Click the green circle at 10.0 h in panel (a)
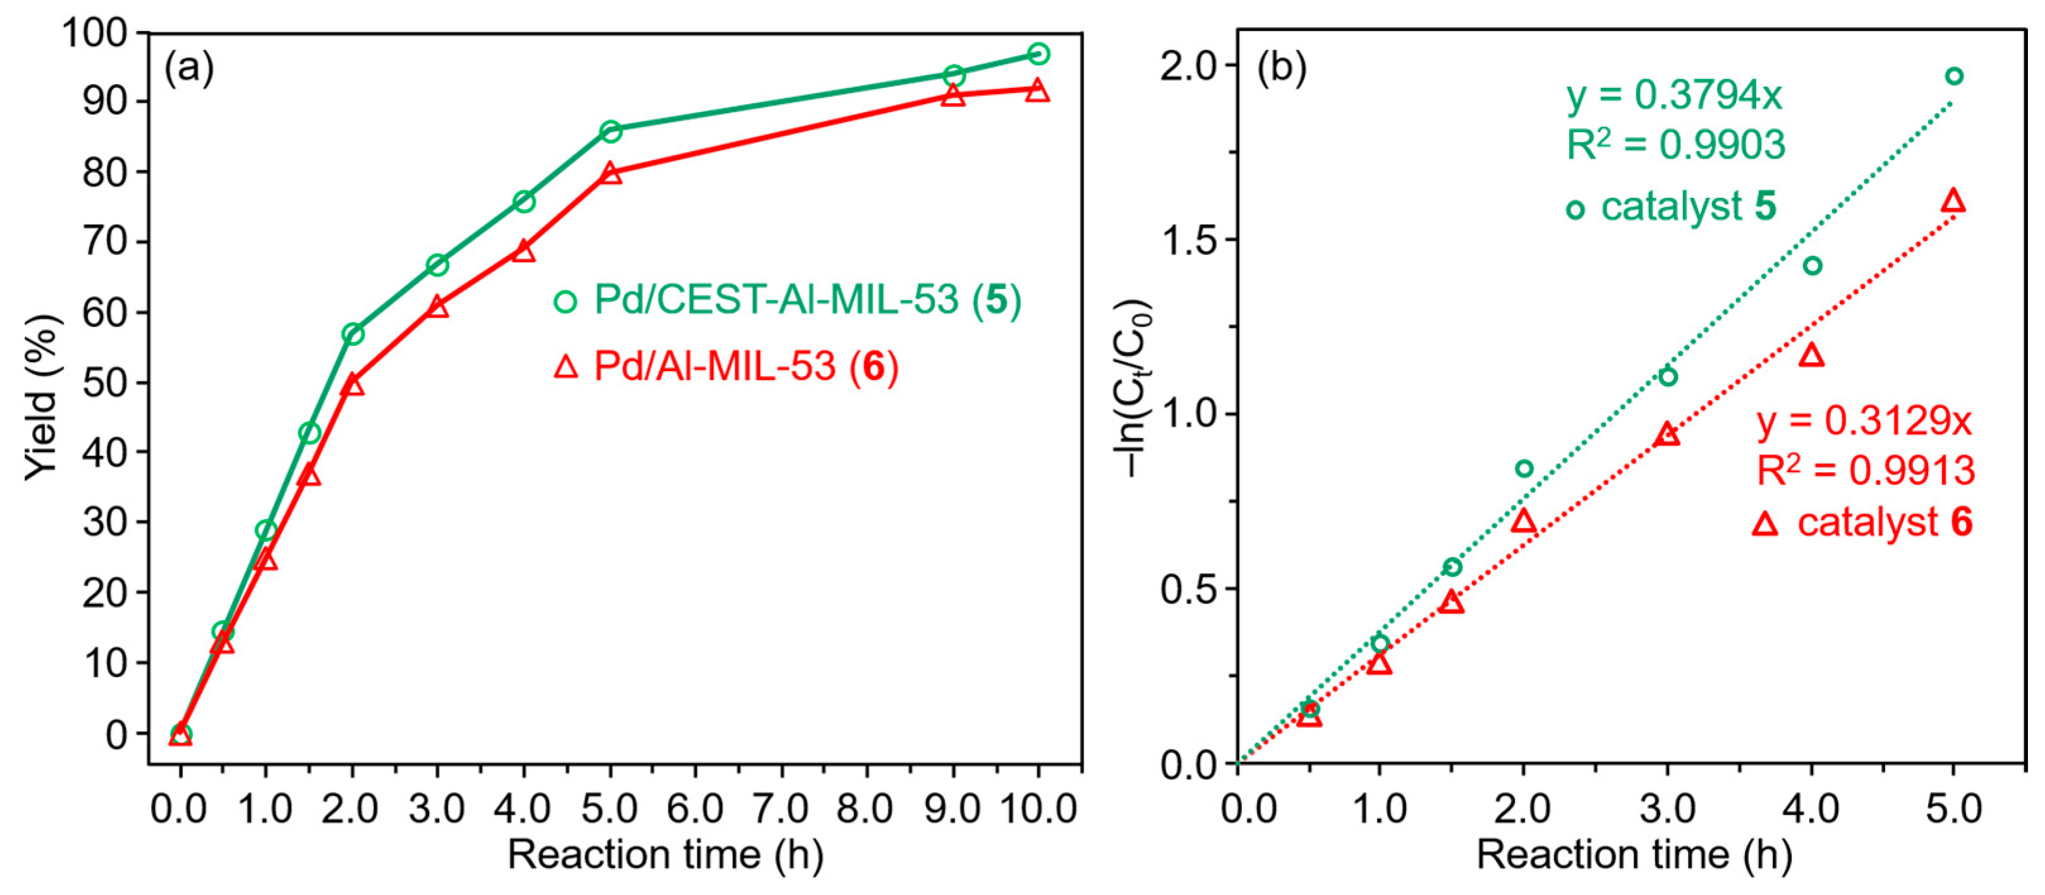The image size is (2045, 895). coord(1037,54)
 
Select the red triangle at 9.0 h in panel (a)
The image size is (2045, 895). coord(953,96)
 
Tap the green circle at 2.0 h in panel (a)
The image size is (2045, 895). coord(353,334)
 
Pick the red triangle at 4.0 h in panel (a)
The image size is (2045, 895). coord(523,252)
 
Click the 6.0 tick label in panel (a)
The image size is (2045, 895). coord(695,809)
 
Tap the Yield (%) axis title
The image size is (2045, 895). coord(41,397)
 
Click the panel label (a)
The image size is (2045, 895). coord(189,68)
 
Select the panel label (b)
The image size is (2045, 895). coord(1281,68)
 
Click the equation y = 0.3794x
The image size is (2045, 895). coord(1674,96)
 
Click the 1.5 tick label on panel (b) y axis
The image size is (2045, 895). coord(1188,240)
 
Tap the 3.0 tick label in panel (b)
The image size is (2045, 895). coord(1667,809)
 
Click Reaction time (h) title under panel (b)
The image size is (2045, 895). coord(1634,855)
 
